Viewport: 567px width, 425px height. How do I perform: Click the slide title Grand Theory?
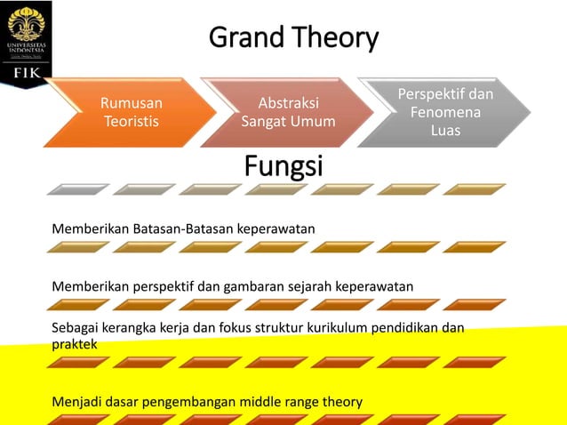coord(293,38)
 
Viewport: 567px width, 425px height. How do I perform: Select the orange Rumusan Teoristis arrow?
coord(131,112)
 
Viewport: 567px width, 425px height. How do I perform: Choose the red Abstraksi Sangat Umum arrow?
coord(288,112)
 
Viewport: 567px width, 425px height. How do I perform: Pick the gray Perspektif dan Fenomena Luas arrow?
coord(445,112)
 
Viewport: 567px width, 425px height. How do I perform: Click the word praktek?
coord(75,342)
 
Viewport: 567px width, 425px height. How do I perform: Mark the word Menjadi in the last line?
coord(76,402)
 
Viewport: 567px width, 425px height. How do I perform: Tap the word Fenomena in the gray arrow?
coord(445,113)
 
